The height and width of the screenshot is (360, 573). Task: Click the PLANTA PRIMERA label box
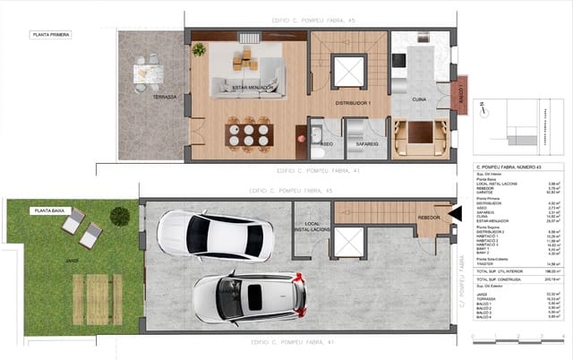coord(49,35)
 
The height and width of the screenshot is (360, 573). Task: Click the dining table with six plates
coord(248,135)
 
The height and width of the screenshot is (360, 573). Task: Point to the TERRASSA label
coord(163,96)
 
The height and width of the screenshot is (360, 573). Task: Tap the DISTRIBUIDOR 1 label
coord(353,103)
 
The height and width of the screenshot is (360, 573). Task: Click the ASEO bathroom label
coord(327,143)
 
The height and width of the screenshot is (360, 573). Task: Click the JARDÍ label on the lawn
coord(72,261)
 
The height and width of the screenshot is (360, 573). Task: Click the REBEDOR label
coord(429,218)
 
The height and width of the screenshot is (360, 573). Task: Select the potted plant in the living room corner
coord(199,49)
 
